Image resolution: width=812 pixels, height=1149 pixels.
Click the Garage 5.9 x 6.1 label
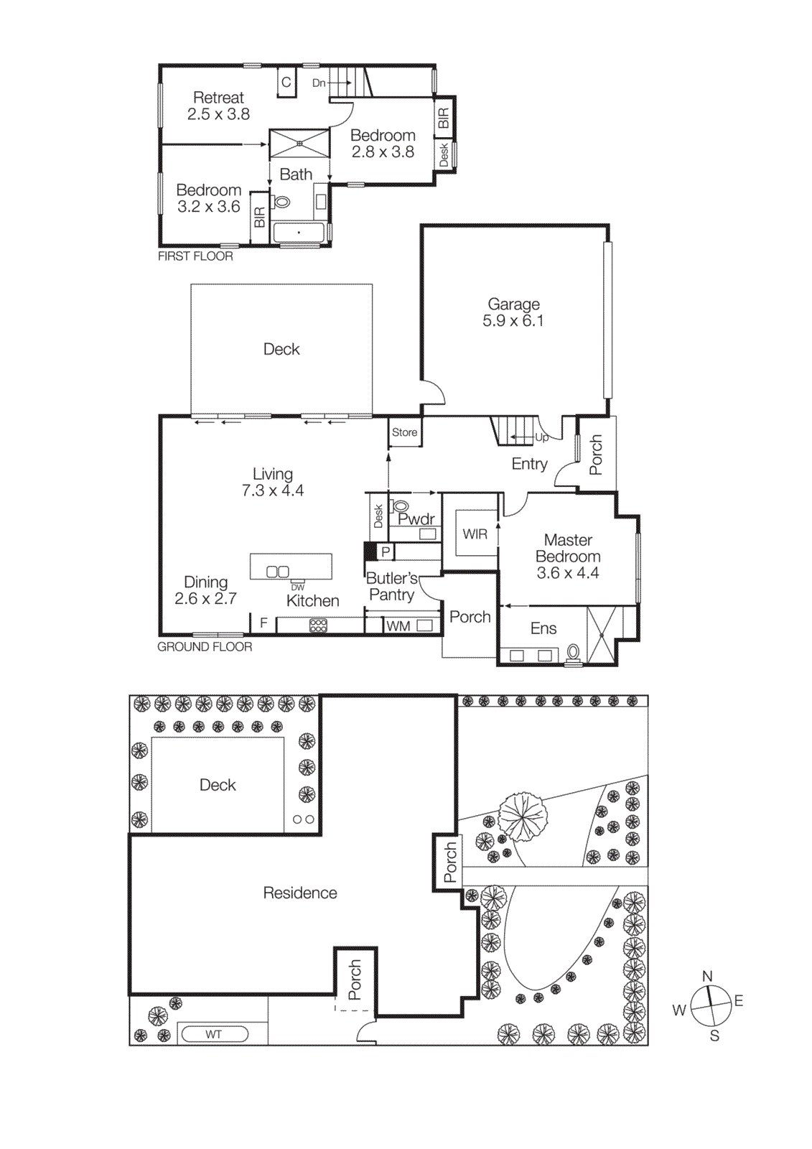(x=513, y=313)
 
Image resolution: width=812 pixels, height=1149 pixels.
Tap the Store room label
(x=404, y=432)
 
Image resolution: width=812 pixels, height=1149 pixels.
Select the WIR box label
(x=475, y=534)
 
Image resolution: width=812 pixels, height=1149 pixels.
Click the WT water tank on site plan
(x=214, y=1034)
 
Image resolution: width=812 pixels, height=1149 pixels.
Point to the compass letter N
(x=707, y=976)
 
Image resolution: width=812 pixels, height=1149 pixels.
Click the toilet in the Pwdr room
(x=401, y=507)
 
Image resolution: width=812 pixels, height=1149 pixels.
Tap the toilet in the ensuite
(x=573, y=652)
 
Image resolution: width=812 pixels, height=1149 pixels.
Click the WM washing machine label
(x=398, y=626)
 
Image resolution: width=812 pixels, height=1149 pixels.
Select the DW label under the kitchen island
(x=297, y=587)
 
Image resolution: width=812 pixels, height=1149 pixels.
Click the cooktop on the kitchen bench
(x=318, y=625)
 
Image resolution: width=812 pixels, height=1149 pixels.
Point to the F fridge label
(x=263, y=623)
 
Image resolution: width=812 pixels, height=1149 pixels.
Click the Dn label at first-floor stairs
(x=319, y=83)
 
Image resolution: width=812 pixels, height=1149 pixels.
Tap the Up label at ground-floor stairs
(x=541, y=437)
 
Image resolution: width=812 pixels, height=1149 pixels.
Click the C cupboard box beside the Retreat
(x=286, y=83)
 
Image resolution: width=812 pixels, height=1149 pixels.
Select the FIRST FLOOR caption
(x=195, y=256)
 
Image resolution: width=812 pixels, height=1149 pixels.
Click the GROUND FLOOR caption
(x=205, y=647)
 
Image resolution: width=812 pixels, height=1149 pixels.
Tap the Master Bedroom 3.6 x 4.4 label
(x=567, y=557)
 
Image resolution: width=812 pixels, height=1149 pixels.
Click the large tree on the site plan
(x=523, y=817)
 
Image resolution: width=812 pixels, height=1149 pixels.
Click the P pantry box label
(x=386, y=552)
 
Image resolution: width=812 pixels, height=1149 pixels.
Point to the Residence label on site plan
(x=300, y=893)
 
